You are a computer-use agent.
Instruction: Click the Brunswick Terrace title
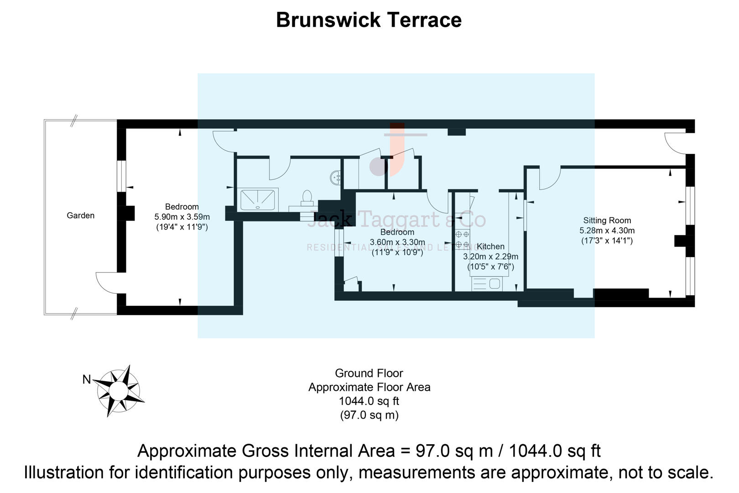click(369, 20)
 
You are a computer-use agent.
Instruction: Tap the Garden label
click(80, 215)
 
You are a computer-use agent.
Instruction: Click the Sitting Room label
click(607, 220)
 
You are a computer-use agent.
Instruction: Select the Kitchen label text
click(490, 246)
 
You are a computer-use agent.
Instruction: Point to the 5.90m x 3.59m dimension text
click(182, 217)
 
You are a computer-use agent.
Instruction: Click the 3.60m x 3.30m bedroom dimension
click(397, 242)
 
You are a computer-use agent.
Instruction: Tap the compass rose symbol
click(119, 391)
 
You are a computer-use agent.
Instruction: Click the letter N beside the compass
click(87, 379)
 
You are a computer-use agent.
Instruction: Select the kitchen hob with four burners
click(462, 239)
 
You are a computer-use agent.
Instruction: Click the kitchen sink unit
click(487, 284)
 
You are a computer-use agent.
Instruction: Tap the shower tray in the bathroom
click(259, 199)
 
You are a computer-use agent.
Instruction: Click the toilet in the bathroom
click(307, 198)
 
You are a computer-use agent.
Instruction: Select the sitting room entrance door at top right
click(674, 142)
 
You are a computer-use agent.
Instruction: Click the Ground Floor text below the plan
click(369, 373)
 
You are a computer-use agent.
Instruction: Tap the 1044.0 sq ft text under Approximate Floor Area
click(369, 401)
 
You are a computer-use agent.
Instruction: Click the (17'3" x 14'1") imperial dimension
click(607, 241)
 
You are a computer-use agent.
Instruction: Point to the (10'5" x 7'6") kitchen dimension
click(490, 267)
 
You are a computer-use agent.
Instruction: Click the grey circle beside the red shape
click(378, 167)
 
